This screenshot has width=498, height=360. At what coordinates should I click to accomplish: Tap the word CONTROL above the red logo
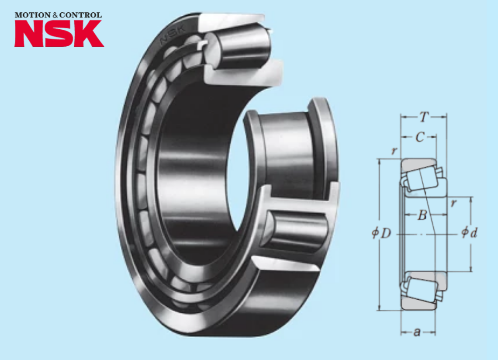tap(80, 15)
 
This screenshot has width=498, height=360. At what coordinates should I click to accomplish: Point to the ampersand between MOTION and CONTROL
tap(55, 15)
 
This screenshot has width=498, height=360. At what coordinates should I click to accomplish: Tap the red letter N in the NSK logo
tap(29, 33)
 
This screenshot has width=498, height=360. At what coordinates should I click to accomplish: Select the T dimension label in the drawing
tap(423, 118)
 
